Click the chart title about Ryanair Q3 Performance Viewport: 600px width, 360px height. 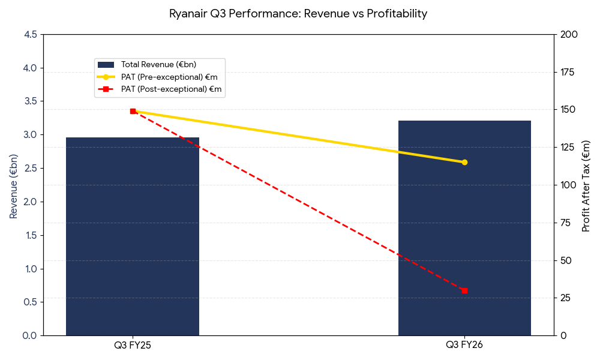(298, 14)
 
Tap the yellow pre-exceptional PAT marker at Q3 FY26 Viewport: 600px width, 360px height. (464, 162)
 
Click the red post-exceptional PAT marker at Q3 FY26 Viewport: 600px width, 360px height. (464, 290)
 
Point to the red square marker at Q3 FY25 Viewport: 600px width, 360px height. (133, 111)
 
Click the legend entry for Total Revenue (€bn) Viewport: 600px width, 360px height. (158, 65)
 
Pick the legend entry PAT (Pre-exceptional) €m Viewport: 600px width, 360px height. (169, 77)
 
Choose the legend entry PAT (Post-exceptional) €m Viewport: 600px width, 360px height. (171, 89)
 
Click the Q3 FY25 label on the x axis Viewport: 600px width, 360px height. (133, 346)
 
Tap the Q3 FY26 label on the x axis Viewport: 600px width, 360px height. (464, 346)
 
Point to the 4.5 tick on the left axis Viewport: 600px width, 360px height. (30, 35)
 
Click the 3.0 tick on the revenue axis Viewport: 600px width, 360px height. (30, 135)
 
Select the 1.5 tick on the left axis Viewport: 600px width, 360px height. (30, 235)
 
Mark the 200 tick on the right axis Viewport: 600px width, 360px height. (568, 35)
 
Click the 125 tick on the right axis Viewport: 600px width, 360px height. (568, 148)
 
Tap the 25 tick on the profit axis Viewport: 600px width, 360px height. (566, 298)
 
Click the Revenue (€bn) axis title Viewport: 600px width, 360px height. (14, 186)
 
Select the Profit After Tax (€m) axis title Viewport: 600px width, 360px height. (586, 186)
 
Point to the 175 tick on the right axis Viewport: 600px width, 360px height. (568, 73)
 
